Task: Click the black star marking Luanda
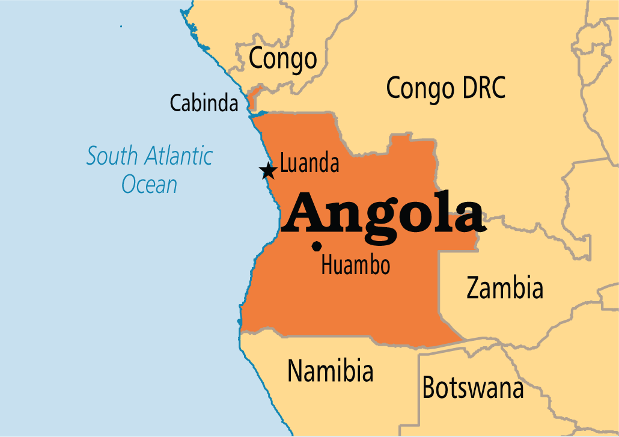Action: coord(268,171)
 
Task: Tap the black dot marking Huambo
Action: coord(317,246)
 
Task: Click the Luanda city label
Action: coord(309,163)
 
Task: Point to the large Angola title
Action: coord(383,214)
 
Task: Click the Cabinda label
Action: coord(204,103)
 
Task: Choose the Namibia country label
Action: coord(330,370)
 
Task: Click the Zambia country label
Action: coord(505,289)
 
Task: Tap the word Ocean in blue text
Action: coord(150,183)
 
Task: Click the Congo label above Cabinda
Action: coord(282,59)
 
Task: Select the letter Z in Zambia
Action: coord(474,289)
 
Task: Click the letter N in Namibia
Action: coord(295,370)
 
